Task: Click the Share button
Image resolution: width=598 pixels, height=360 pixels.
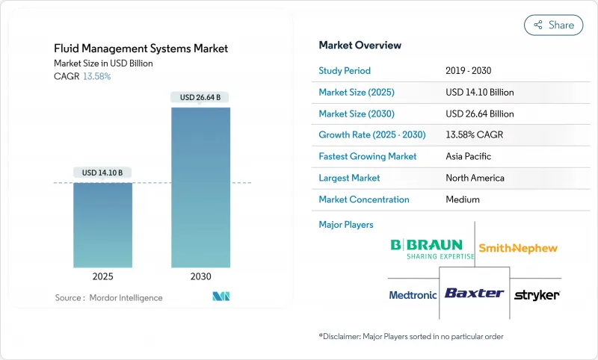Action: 553,25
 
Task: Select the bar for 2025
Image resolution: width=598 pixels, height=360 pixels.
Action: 102,225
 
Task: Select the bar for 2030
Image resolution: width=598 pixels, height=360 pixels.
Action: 200,187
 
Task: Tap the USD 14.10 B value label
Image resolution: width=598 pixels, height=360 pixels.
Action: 102,173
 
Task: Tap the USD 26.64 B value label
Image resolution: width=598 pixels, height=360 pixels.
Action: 200,97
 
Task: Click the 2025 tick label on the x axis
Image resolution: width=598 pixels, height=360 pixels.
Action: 102,276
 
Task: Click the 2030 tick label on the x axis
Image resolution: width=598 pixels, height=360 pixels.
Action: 200,276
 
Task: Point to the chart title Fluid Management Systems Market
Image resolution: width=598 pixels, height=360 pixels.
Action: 141,49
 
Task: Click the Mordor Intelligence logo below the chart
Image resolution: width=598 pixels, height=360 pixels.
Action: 221,297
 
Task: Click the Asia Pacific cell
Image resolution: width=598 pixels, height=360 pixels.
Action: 469,157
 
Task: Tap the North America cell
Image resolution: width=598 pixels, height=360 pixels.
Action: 474,178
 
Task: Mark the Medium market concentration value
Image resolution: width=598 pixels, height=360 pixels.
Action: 462,199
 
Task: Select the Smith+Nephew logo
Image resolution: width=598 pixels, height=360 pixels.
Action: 518,248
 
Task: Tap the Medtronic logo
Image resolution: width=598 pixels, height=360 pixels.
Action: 413,295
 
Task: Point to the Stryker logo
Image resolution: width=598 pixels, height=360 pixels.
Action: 537,295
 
